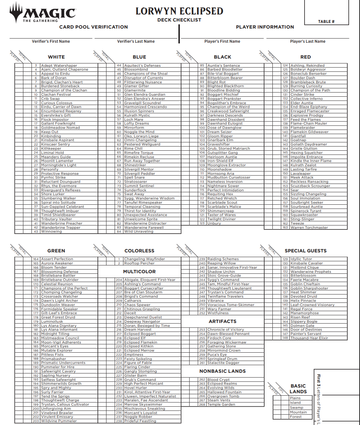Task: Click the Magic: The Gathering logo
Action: pos(42,13)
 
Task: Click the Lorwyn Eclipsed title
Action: pos(179,11)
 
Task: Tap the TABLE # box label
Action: pos(326,22)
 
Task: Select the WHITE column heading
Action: pos(56,57)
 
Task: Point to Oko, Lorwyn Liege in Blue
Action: pos(141,136)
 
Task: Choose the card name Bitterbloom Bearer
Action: pos(225,78)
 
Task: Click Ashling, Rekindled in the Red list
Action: pos(307,66)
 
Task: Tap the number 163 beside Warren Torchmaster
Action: pos(285,228)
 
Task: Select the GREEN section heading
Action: pos(56,251)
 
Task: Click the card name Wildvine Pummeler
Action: pos(59,421)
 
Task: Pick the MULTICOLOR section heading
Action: pos(139,271)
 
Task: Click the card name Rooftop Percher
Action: pos(139,263)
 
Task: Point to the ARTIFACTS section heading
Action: pos(222,321)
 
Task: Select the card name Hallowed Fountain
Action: pos(224,392)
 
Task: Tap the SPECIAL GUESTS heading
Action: pos(305,251)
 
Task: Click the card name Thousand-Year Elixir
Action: pos(309,338)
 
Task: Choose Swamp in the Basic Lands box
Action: pos(296,407)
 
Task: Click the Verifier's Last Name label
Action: pos(136,41)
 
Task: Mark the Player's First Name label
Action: pos(222,41)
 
